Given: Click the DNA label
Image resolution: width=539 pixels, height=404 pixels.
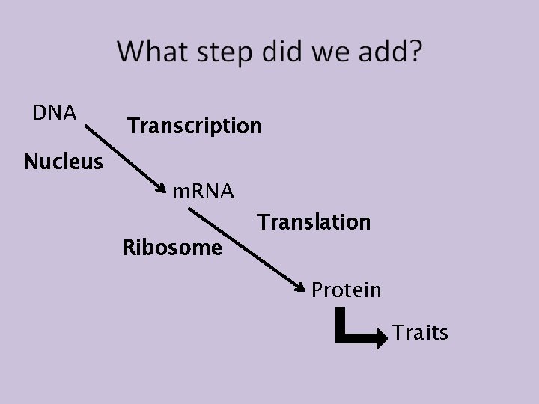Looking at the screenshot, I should click(55, 113).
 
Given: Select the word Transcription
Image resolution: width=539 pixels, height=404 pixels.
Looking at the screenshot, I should click(194, 125).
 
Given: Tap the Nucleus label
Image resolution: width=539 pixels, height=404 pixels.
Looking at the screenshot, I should click(64, 161).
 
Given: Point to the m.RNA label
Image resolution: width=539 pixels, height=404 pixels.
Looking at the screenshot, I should click(203, 192).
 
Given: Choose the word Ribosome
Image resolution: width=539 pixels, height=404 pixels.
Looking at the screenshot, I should click(172, 247).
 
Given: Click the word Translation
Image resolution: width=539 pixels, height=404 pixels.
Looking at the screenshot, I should click(314, 222).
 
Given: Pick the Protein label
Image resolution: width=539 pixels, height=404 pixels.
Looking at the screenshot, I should click(346, 289).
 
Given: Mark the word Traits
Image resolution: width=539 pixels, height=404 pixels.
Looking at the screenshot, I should click(420, 332).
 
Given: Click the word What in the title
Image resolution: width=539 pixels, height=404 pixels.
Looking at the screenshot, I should click(153, 52).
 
